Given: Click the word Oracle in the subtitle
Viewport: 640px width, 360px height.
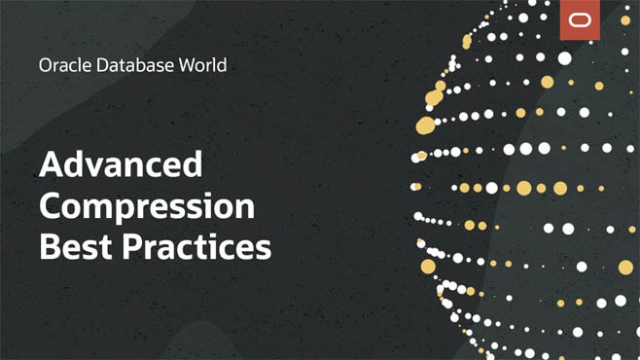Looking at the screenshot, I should [x=60, y=66].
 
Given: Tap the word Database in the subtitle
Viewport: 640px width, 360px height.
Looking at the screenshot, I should [x=125, y=66].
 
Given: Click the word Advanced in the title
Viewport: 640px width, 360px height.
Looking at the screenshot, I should [x=121, y=164].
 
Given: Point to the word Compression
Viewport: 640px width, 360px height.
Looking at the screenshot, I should [x=147, y=206].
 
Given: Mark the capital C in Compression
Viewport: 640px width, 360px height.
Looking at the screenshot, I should [x=52, y=206].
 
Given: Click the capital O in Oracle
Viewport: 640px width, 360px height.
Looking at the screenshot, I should [x=45, y=66].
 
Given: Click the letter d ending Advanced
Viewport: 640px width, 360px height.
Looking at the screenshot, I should [x=193, y=164].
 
